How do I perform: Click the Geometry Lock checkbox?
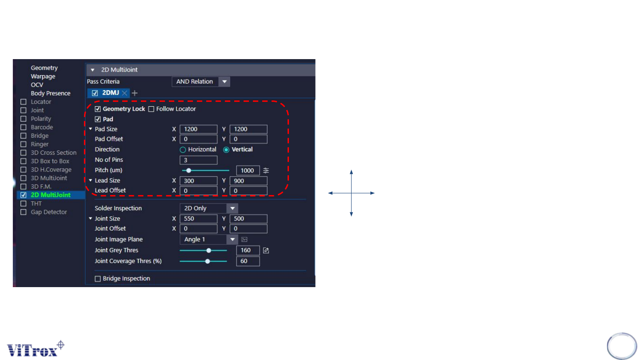point(98,109)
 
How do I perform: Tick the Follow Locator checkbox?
point(151,109)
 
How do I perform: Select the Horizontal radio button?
point(183,150)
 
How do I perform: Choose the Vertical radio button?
point(226,150)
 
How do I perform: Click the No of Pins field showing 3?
point(198,160)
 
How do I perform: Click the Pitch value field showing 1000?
point(248,171)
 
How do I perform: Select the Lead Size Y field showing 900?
point(248,180)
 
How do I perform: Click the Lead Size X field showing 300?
point(198,180)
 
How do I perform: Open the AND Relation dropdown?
point(201,82)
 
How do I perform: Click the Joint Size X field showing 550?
point(198,219)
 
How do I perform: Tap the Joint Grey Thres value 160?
point(248,250)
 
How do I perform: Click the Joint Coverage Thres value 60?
point(248,261)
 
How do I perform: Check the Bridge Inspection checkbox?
point(98,279)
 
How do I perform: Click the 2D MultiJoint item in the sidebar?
point(51,195)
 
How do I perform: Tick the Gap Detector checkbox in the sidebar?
point(24,212)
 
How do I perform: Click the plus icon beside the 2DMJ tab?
point(135,93)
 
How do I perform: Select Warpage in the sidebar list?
point(43,76)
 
